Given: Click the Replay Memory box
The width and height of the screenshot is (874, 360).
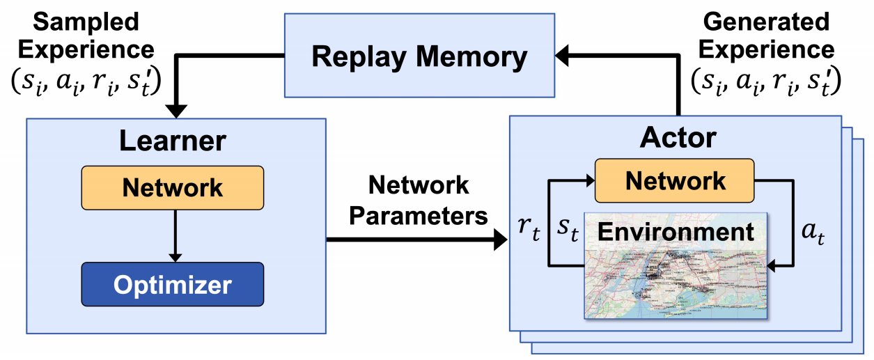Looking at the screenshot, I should click(419, 56).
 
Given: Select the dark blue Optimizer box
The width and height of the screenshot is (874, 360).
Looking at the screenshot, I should click(172, 284).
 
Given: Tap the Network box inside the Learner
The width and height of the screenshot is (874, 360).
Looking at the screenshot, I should click(172, 187).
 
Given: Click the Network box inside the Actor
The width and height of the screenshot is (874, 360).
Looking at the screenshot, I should click(674, 180).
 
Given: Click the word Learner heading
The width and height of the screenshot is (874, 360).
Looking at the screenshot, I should click(172, 141).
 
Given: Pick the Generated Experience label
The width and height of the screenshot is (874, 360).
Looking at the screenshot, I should click(767, 36).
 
